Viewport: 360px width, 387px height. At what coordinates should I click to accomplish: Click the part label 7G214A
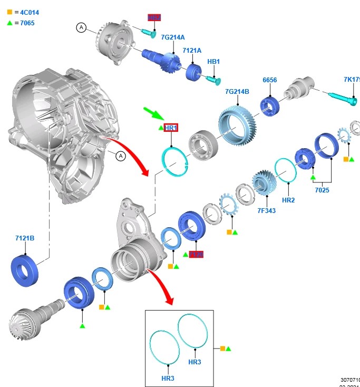[x=173, y=37]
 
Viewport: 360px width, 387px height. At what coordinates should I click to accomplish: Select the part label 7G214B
[x=237, y=91]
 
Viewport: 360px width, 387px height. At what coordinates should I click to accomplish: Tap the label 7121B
[x=25, y=238]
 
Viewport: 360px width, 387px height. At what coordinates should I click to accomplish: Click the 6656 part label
[x=270, y=80]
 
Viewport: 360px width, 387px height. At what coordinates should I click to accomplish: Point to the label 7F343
[x=266, y=211]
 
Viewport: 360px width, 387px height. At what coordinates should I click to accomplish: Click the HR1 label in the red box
[x=171, y=128]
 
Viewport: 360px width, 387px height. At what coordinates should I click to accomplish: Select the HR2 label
[x=288, y=200]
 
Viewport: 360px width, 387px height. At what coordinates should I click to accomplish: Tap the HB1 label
[x=213, y=62]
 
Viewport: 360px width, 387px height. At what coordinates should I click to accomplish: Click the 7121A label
[x=192, y=51]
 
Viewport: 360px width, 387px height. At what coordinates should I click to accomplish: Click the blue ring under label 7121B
[x=25, y=269]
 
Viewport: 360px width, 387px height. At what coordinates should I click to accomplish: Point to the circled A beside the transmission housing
[x=120, y=156]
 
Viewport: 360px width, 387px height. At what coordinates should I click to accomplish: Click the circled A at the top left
[x=81, y=27]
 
